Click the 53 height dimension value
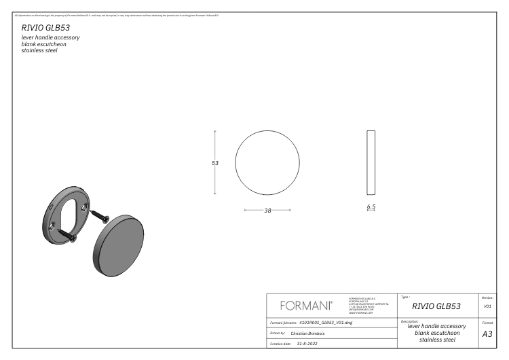(215, 163)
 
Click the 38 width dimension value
(267, 211)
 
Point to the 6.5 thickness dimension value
(371, 206)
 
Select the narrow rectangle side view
(371, 163)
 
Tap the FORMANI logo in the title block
(305, 305)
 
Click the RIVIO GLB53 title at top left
(46, 28)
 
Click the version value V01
(487, 306)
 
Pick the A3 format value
(487, 334)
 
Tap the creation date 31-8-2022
(303, 344)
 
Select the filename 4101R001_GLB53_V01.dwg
(326, 323)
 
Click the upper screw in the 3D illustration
(101, 216)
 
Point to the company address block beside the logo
(364, 304)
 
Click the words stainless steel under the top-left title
(39, 50)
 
